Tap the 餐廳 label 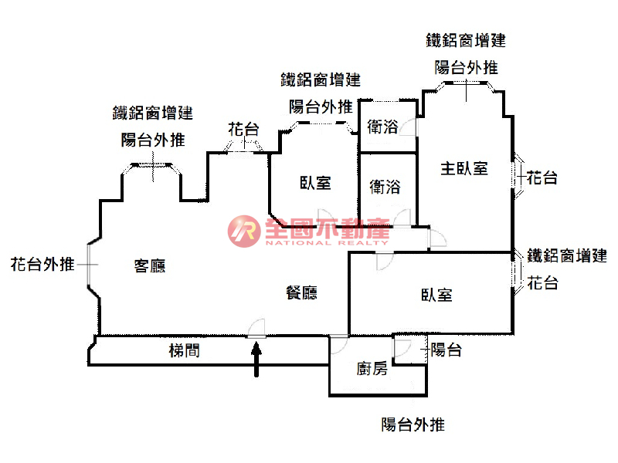(301, 293)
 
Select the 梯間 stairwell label (185, 351)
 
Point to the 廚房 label (372, 368)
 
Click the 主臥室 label (464, 168)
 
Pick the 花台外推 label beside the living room (42, 265)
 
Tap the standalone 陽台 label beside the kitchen (446, 350)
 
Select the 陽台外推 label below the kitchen (413, 424)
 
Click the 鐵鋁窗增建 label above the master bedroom (466, 41)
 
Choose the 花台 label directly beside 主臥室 (542, 178)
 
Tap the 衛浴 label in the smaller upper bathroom (383, 127)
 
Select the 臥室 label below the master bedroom (436, 295)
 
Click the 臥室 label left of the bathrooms (315, 183)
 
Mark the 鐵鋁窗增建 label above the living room (153, 113)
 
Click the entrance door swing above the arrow (257, 328)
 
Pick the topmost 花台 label (243, 130)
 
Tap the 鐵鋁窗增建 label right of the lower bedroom (566, 255)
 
